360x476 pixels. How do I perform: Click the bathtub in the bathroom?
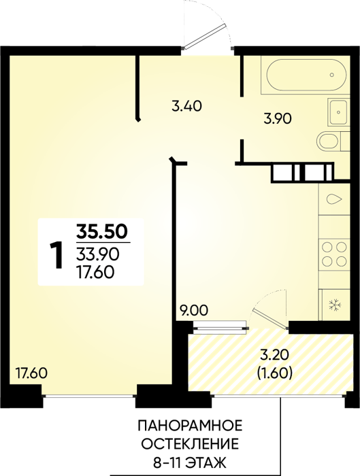306,75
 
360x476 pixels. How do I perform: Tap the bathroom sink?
338,112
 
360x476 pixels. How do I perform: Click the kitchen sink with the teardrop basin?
334,199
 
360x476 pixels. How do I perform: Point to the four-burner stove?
334,253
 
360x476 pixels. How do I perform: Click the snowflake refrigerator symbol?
336,305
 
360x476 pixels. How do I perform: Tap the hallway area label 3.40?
186,106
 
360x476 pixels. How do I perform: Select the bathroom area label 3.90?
278,119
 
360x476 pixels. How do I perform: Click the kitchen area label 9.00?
193,311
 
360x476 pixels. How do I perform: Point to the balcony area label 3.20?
274,356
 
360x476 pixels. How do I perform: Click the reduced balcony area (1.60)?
275,373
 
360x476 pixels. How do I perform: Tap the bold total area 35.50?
101,232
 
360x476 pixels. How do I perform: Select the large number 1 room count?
56,255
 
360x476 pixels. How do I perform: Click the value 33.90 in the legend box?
97,254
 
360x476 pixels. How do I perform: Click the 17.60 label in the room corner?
31,373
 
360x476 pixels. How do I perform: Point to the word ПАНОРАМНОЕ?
190,426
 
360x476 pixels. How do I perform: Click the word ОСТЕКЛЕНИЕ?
190,445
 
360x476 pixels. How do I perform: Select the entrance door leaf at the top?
205,36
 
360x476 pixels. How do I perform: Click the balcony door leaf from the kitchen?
270,318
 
